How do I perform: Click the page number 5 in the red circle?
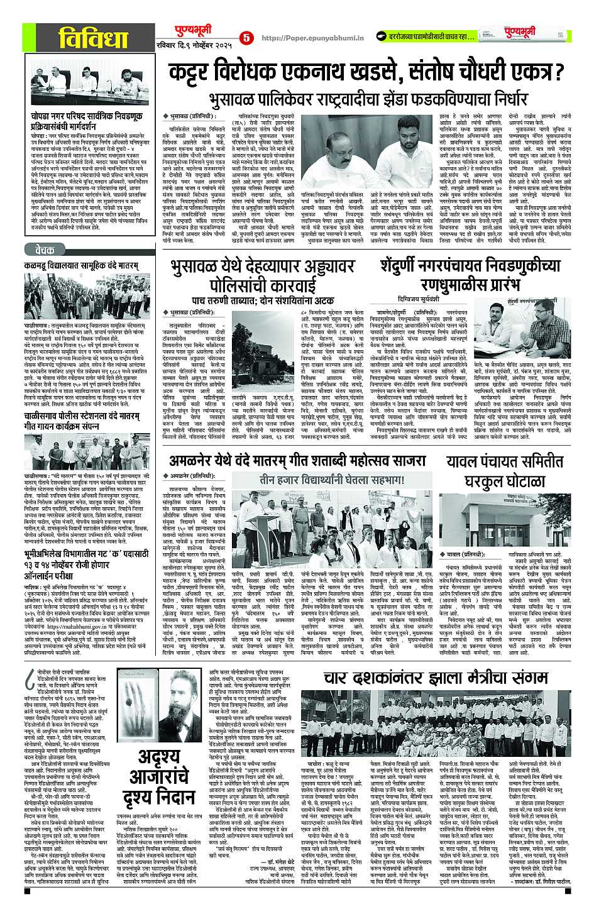[246, 38]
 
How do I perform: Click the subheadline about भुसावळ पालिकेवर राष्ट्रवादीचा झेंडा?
[368, 99]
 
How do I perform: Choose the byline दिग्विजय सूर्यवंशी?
[421, 300]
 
